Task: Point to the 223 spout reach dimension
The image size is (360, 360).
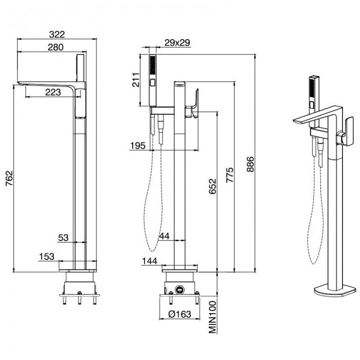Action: tap(50, 92)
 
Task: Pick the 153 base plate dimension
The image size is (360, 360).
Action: tap(47, 256)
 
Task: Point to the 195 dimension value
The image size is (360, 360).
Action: tap(138, 146)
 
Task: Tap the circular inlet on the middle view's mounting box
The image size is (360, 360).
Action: tap(180, 289)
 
